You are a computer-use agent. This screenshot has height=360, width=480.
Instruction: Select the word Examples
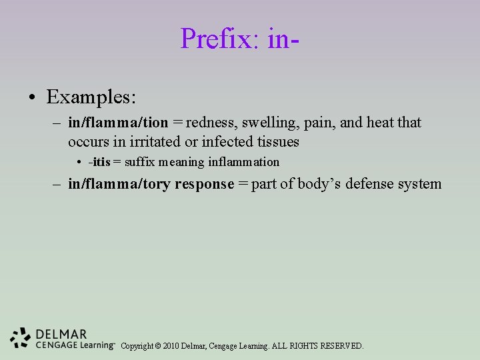tap(91, 97)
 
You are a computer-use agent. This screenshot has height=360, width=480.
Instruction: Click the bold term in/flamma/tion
tap(118, 123)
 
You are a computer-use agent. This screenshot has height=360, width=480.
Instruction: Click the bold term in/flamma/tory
tap(119, 184)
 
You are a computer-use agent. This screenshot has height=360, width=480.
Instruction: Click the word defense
tap(371, 184)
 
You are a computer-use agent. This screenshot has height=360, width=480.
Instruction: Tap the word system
tap(419, 184)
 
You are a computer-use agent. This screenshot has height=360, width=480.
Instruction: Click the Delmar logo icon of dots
tap(21, 338)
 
